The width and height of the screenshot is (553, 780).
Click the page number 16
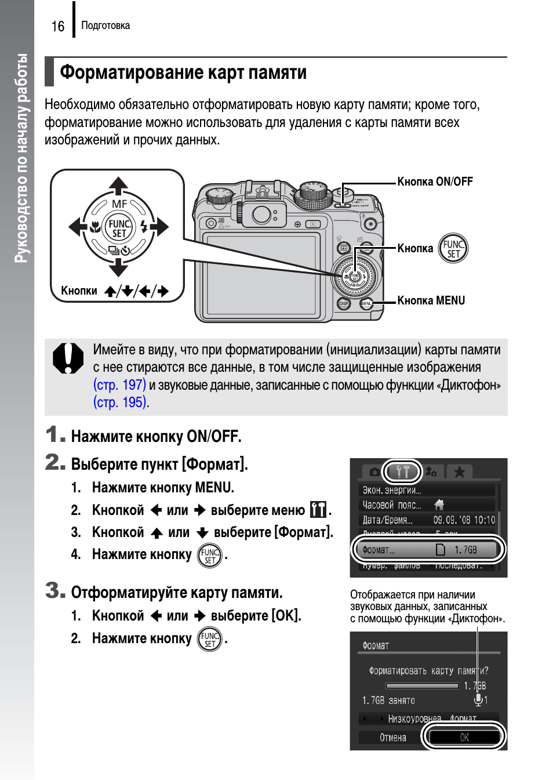(58, 27)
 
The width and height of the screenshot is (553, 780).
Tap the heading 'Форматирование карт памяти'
(183, 72)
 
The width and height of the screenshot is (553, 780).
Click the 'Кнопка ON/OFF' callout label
(435, 182)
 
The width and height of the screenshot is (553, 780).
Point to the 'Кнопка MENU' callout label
(431, 300)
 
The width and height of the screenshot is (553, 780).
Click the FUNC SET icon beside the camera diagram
(453, 249)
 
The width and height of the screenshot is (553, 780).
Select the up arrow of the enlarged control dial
(118, 186)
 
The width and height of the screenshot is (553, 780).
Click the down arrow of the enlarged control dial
(118, 268)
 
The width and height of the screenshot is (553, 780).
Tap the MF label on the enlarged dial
(119, 204)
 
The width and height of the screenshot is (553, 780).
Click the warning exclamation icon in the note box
(68, 358)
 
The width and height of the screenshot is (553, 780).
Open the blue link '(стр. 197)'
(119, 384)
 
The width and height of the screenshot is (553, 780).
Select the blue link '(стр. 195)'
(120, 402)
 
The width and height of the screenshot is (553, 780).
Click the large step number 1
(54, 434)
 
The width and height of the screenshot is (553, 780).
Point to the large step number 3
(54, 590)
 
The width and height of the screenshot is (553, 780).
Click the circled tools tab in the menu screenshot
(402, 472)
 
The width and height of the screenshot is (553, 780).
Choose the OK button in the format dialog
(464, 737)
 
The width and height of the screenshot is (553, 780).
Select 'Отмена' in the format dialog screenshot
(392, 738)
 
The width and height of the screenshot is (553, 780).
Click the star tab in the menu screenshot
(459, 472)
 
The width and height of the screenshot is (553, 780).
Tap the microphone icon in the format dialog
(478, 699)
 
